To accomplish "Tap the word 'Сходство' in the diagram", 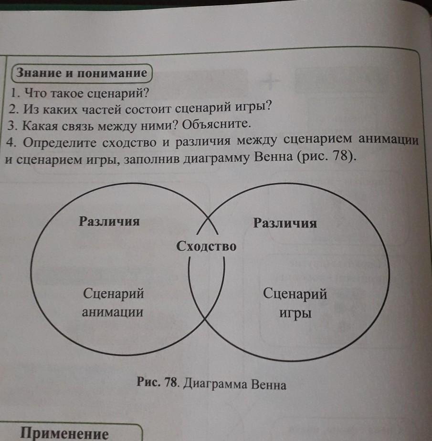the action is point(206,246).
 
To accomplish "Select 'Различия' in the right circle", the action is point(285,223).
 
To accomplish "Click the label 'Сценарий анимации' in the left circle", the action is point(113,303).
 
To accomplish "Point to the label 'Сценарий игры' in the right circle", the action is point(295,303).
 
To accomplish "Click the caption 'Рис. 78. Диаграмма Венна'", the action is point(211,384).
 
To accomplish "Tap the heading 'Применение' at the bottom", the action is point(64,434).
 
